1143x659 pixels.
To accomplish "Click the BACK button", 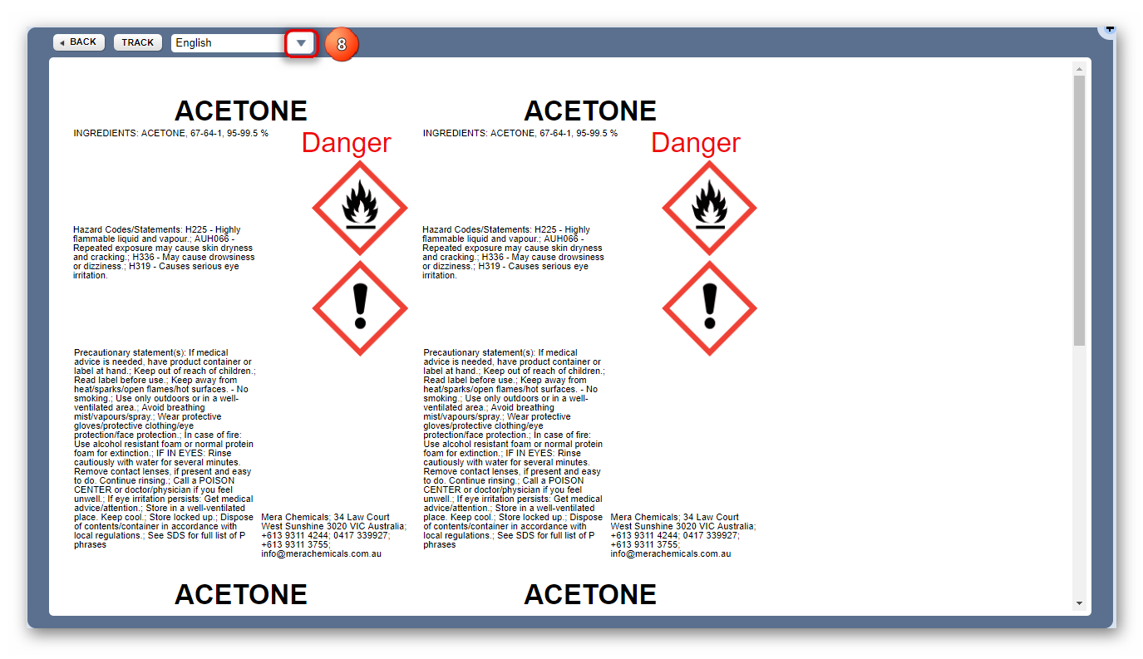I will tap(79, 42).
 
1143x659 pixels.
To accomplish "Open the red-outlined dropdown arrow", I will tap(301, 43).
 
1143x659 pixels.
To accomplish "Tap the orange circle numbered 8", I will tap(341, 45).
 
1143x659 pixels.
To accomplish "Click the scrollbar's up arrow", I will tap(1079, 69).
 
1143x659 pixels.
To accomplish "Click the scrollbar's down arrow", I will tap(1079, 603).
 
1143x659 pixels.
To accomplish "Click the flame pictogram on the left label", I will tap(359, 208).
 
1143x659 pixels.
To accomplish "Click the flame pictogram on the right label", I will tap(709, 208).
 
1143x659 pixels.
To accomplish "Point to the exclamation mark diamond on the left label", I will tap(359, 308).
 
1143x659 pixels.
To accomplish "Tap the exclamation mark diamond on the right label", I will tap(709, 308).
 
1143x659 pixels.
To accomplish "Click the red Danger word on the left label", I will tap(346, 143).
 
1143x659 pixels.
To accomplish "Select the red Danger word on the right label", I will tap(695, 143).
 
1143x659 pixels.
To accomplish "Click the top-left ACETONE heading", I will tap(241, 111).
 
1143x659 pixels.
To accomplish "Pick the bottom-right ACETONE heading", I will tap(590, 594).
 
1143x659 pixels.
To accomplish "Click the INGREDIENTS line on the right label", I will tap(520, 133).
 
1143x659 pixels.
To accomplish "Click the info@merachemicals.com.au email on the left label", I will tap(321, 553).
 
